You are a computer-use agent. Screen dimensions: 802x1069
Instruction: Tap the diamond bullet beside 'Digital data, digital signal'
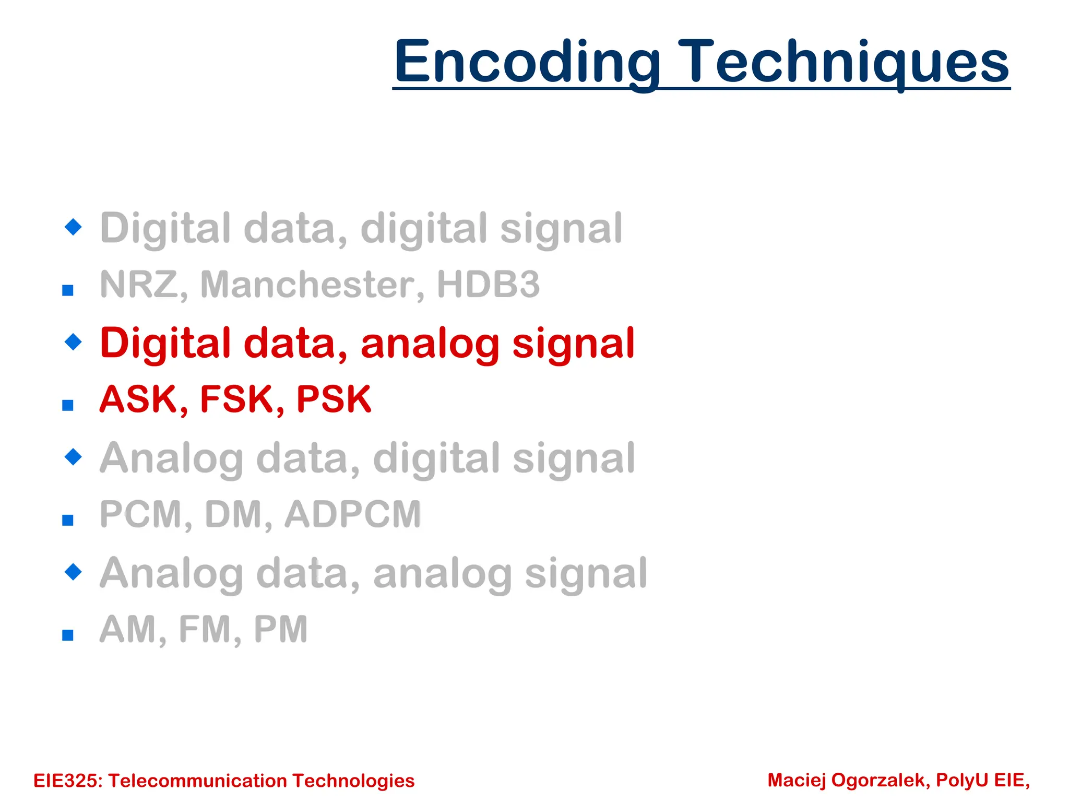tap(73, 227)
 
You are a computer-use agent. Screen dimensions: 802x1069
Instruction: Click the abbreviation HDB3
tap(488, 285)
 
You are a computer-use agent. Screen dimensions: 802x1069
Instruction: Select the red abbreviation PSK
tap(334, 399)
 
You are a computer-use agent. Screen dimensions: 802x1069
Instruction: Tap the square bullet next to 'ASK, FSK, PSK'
tap(68, 405)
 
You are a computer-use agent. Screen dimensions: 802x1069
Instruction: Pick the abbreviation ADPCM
tap(353, 514)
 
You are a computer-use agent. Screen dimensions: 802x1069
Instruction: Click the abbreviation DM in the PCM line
tap(238, 514)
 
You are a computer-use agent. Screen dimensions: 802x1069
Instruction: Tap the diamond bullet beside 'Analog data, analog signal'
tap(73, 572)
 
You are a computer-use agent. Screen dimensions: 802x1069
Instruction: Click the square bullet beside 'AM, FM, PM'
tap(68, 635)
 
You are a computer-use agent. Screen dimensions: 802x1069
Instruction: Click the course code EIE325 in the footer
tap(68, 781)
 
